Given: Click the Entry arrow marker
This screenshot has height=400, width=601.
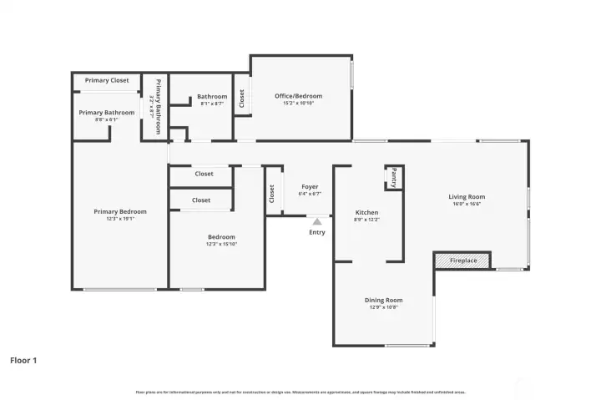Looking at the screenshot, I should [x=316, y=221].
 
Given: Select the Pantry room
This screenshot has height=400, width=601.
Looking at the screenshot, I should [x=394, y=177].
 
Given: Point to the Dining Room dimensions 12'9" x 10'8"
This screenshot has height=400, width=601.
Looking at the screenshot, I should [x=383, y=307].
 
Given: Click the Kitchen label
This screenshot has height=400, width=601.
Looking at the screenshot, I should [x=367, y=212].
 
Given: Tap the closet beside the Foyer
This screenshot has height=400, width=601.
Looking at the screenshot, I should [x=272, y=193].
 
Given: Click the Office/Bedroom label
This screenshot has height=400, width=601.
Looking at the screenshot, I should [x=298, y=96].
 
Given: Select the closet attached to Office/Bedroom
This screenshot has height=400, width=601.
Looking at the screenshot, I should [x=241, y=99].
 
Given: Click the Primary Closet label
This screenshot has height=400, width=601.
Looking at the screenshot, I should [x=107, y=80].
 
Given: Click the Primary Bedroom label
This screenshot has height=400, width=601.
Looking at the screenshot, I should [x=120, y=211].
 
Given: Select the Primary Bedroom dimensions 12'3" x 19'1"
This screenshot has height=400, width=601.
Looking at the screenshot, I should [x=120, y=219].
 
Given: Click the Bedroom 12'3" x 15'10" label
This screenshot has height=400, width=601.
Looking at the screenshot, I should [x=221, y=240].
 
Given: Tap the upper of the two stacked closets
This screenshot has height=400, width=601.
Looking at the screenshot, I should [x=204, y=174].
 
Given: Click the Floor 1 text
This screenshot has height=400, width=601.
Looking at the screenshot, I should [x=23, y=361].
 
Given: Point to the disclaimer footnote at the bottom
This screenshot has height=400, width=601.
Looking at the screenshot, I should [x=300, y=391].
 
